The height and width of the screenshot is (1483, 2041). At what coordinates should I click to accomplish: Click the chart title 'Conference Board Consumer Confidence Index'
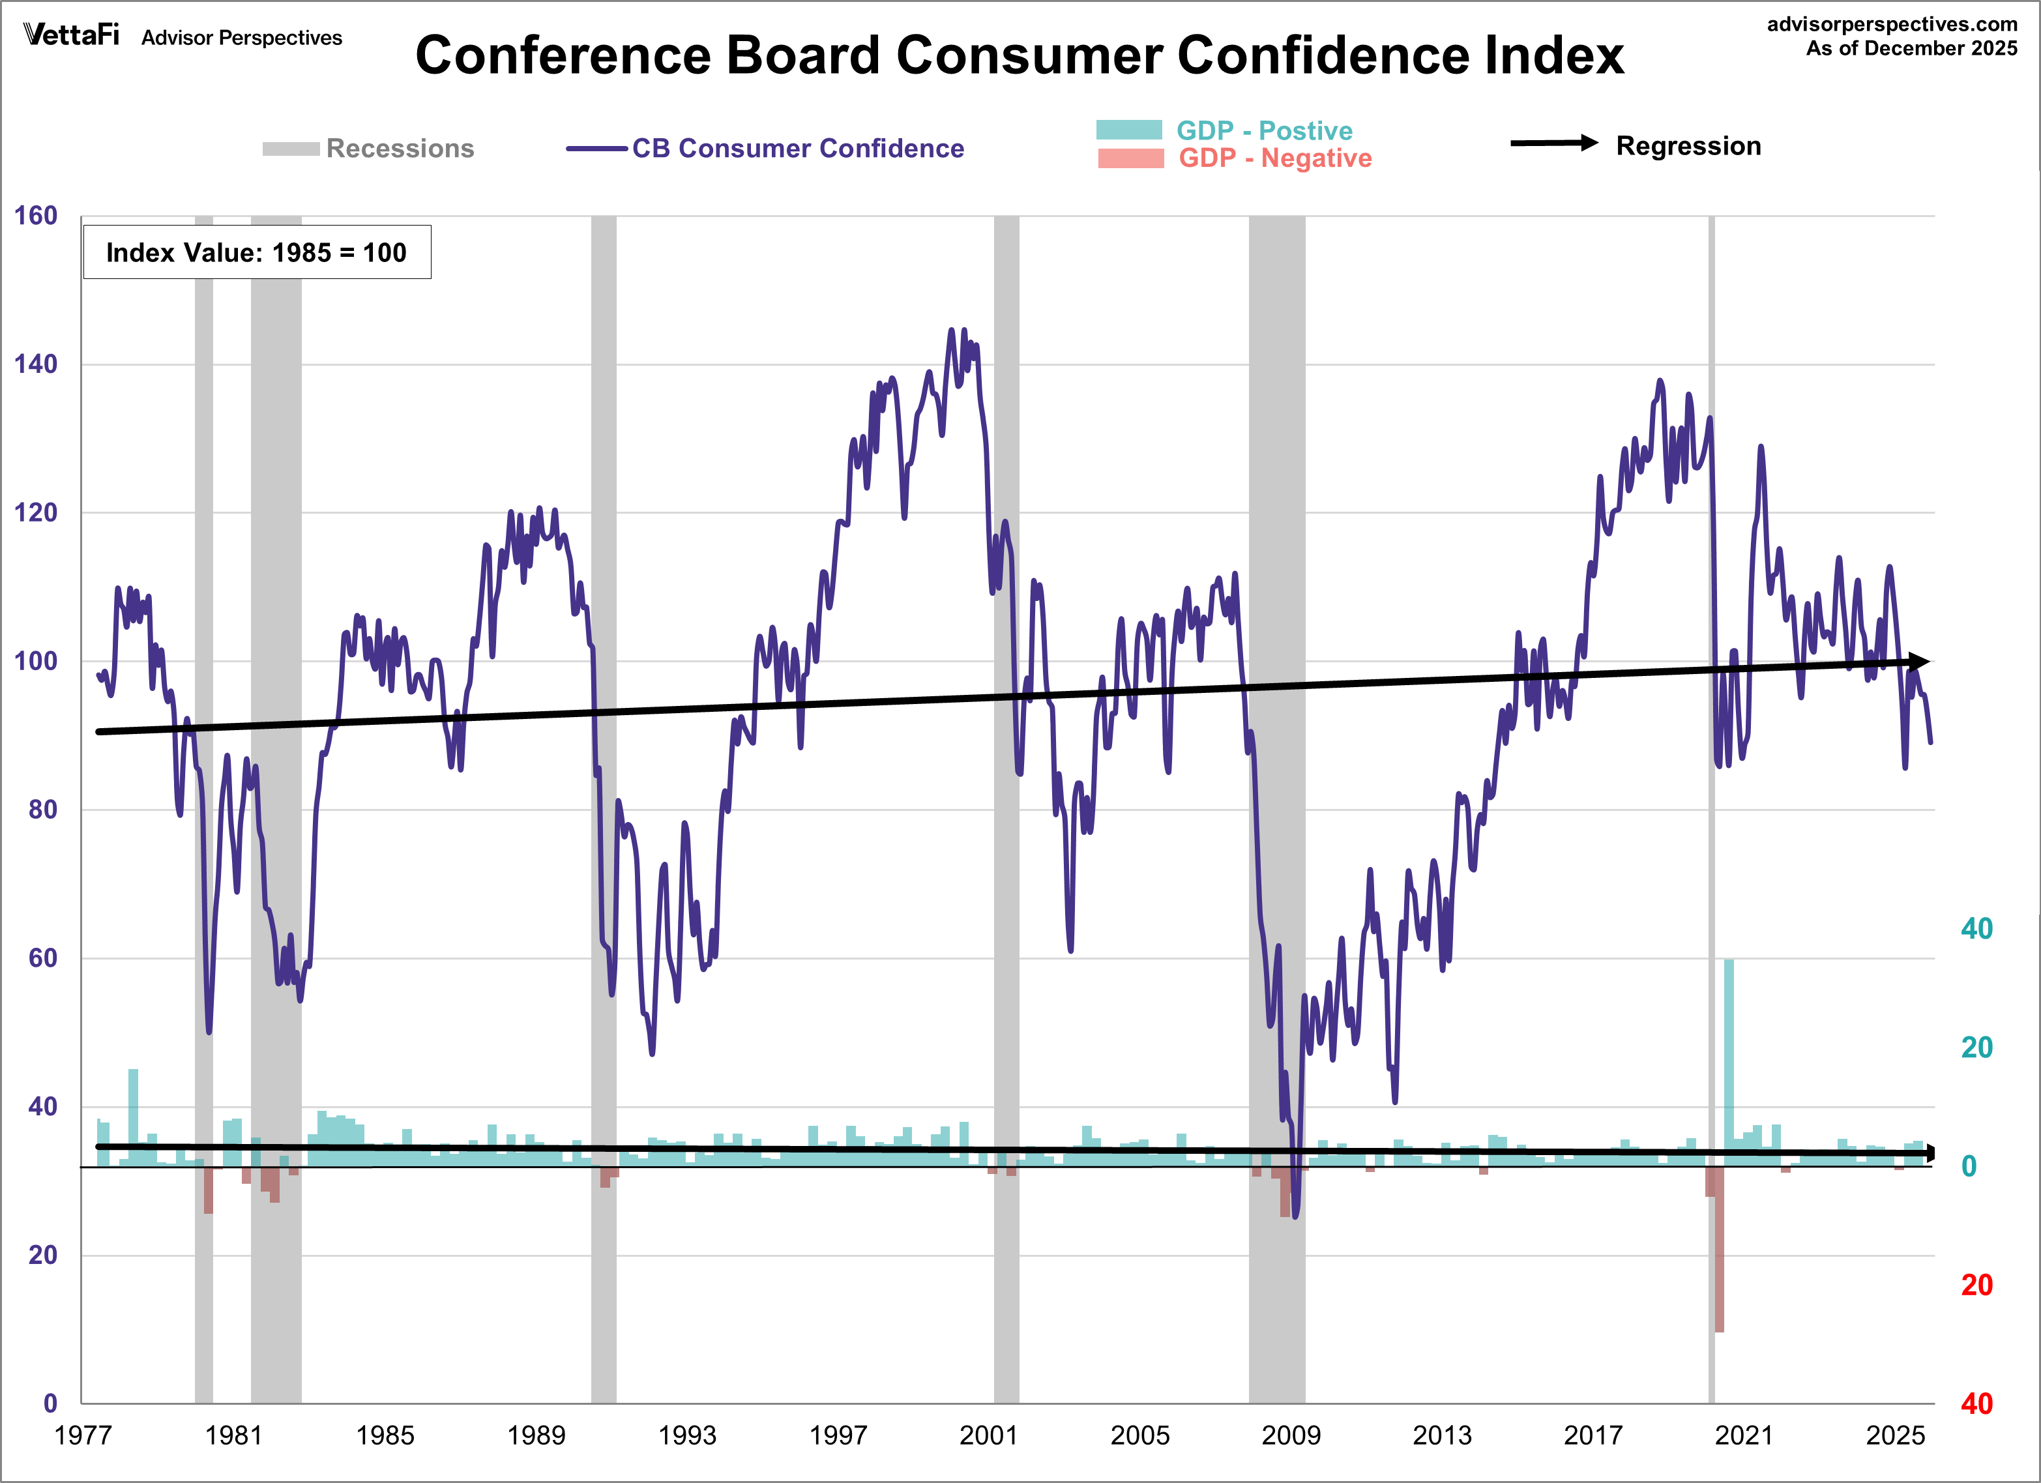tap(1019, 56)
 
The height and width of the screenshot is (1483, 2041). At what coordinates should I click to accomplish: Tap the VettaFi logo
tap(71, 35)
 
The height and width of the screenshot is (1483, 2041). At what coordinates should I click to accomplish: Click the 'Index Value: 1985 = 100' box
tap(256, 252)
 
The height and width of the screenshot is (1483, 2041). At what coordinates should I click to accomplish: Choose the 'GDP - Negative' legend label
tap(1274, 158)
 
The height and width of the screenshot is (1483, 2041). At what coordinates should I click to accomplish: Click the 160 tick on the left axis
tap(36, 216)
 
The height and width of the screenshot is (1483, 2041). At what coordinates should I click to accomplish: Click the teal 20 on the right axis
tap(1976, 1048)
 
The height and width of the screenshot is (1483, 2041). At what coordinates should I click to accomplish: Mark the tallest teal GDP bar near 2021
tap(1729, 1062)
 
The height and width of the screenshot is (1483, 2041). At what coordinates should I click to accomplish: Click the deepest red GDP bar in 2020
tap(1719, 1260)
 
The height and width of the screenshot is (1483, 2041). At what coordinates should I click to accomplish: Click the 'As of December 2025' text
tap(1911, 49)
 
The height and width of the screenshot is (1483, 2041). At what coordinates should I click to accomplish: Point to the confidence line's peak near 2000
tap(952, 331)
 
